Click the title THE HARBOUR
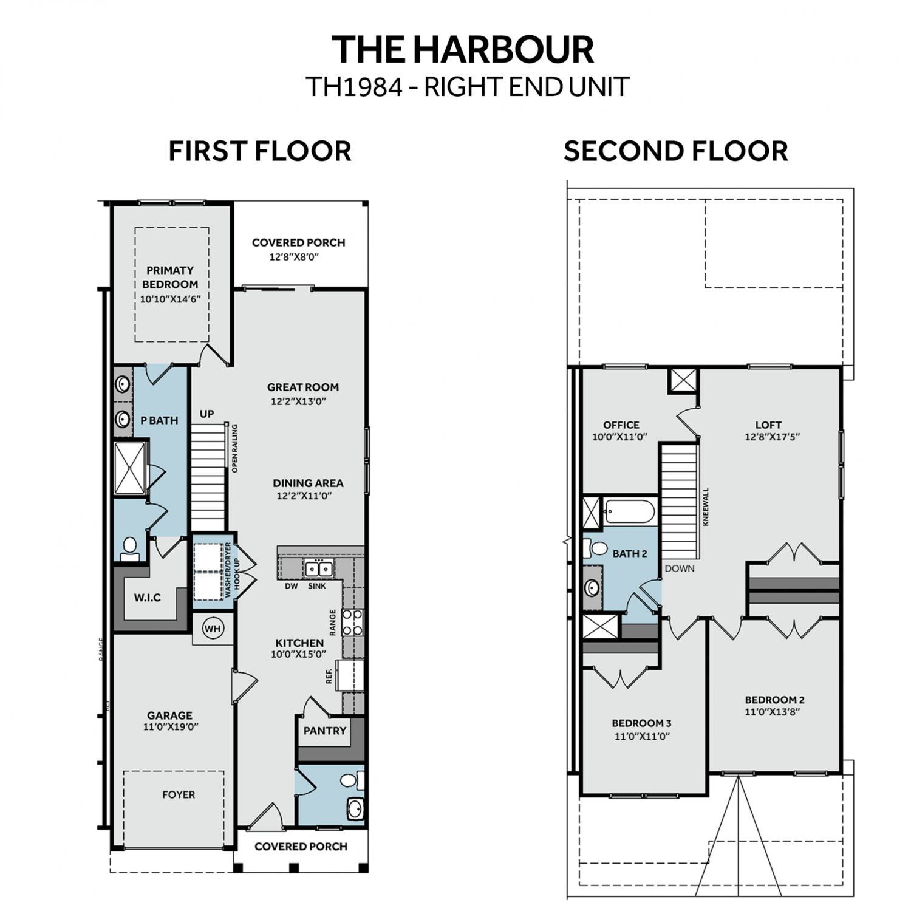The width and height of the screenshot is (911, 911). pyautogui.click(x=463, y=50)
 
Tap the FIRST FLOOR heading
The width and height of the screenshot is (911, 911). pyautogui.click(x=260, y=151)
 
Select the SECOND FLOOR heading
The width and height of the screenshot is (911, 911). pyautogui.click(x=676, y=151)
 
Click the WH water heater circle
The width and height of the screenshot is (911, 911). pyautogui.click(x=212, y=629)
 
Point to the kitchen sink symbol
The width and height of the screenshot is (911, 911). pyautogui.click(x=319, y=569)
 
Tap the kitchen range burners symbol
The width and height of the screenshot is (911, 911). pyautogui.click(x=353, y=623)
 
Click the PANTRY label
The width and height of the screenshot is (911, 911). pyautogui.click(x=325, y=731)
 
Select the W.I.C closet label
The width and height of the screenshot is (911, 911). pyautogui.click(x=148, y=598)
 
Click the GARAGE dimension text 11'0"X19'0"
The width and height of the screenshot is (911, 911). pyautogui.click(x=171, y=727)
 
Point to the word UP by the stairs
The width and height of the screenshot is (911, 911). pyautogui.click(x=206, y=414)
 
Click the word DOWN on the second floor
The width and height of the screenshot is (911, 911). pyautogui.click(x=680, y=568)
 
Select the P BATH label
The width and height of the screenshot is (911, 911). pyautogui.click(x=159, y=420)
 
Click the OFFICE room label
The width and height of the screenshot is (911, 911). pyautogui.click(x=621, y=425)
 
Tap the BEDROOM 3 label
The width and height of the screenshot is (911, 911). pyautogui.click(x=641, y=723)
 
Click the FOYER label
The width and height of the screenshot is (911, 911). pyautogui.click(x=179, y=794)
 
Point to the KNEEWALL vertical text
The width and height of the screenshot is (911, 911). pyautogui.click(x=706, y=507)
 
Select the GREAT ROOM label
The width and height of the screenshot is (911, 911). pyautogui.click(x=303, y=387)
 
